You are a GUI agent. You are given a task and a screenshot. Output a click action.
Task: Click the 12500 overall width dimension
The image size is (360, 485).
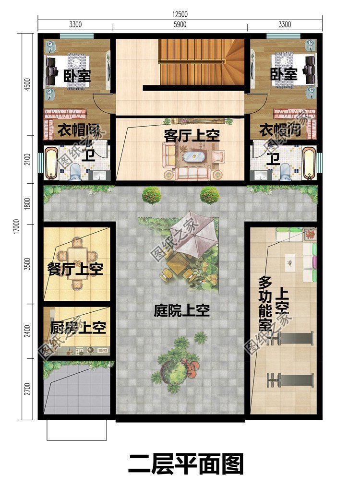click(180, 14)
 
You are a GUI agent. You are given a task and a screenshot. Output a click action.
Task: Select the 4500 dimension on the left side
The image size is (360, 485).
click(27, 84)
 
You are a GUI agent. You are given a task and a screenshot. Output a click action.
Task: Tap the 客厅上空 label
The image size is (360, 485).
click(192, 136)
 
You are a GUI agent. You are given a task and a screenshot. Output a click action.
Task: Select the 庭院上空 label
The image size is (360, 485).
click(182, 310)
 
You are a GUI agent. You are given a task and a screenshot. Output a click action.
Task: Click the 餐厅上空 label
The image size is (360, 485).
click(75, 269)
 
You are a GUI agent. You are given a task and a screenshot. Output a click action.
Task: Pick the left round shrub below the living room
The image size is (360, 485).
click(151, 194)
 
